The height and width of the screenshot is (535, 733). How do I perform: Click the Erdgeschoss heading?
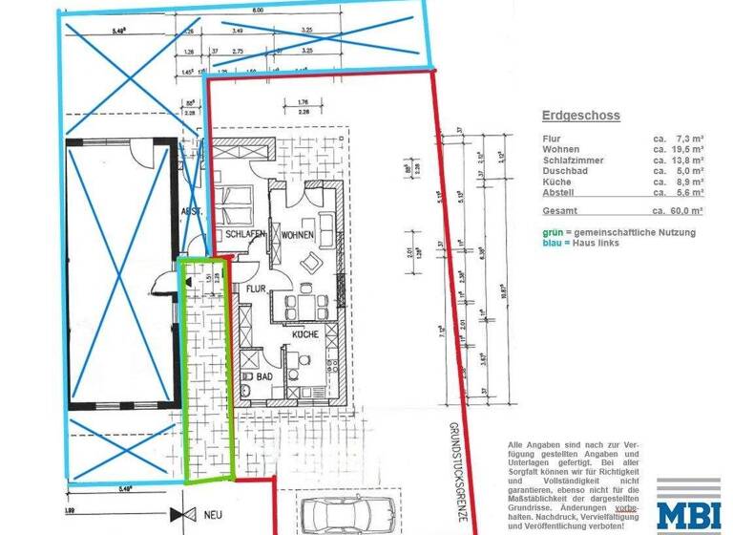pos(580,116)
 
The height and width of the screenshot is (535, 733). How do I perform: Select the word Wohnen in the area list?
pos(561,150)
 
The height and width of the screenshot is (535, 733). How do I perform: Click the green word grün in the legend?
pos(551,232)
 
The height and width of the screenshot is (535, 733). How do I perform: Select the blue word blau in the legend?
pos(552,244)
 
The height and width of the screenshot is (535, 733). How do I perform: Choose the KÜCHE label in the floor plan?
pos(305,334)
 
